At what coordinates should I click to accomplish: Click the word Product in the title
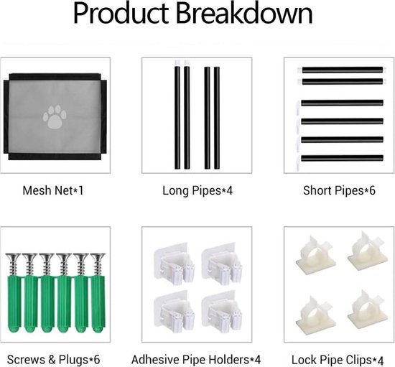pyautogui.click(x=121, y=13)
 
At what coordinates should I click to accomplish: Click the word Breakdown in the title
pyautogui.click(x=244, y=13)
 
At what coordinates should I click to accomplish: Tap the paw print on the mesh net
pyautogui.click(x=55, y=117)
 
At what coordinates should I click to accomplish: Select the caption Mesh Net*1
pyautogui.click(x=53, y=190)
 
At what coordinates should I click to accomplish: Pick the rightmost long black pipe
pyautogui.click(x=217, y=118)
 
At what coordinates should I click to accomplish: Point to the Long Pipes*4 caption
pyautogui.click(x=197, y=190)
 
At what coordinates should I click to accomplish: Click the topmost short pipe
pyautogui.click(x=340, y=70)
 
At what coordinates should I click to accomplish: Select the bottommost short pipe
pyautogui.click(x=340, y=158)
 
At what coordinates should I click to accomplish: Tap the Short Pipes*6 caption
pyautogui.click(x=339, y=190)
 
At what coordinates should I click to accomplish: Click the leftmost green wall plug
pyautogui.click(x=14, y=304)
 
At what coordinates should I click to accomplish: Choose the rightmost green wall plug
pyautogui.click(x=98, y=304)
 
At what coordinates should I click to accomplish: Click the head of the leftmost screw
pyautogui.click(x=13, y=256)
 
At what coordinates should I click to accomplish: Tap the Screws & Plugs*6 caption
pyautogui.click(x=53, y=360)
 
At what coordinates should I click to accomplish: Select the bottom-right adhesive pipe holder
pyautogui.click(x=222, y=312)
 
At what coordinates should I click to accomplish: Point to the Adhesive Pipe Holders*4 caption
pyautogui.click(x=196, y=360)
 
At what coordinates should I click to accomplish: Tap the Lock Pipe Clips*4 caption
pyautogui.click(x=338, y=360)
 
